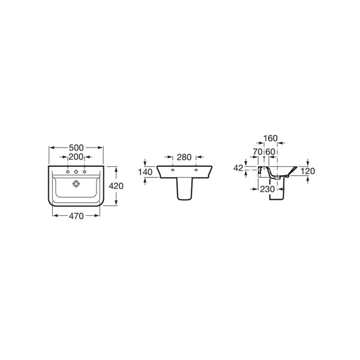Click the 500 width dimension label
pos(76,148)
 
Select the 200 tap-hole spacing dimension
pos(76,157)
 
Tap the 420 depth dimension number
pos(116,186)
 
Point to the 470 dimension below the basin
pos(76,216)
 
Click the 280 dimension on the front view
pos(184,157)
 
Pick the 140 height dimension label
pos(145,172)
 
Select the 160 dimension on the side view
pos(271,139)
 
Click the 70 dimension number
pos(257,152)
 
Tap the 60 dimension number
pos(271,152)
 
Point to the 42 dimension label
pos(238,168)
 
